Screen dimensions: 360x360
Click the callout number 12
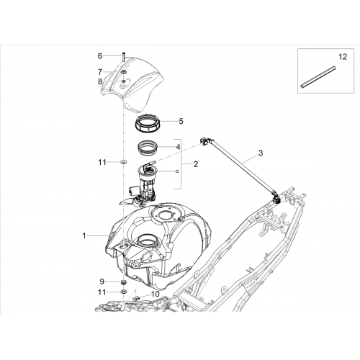[343, 57]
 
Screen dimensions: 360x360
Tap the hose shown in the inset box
[318, 77]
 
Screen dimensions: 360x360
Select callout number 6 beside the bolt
[100, 56]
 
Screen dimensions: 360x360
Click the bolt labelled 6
[123, 57]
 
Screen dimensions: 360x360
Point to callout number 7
[100, 71]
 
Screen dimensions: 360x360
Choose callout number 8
[100, 81]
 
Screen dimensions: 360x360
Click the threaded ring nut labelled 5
[148, 124]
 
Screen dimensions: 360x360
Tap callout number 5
[181, 121]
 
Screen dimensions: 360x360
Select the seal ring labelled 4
[148, 147]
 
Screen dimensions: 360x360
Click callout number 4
[178, 147]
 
